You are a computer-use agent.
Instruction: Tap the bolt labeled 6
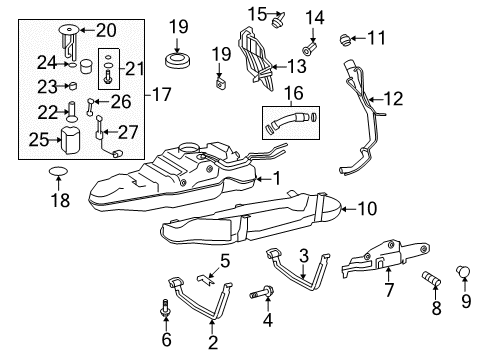tap(163, 308)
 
